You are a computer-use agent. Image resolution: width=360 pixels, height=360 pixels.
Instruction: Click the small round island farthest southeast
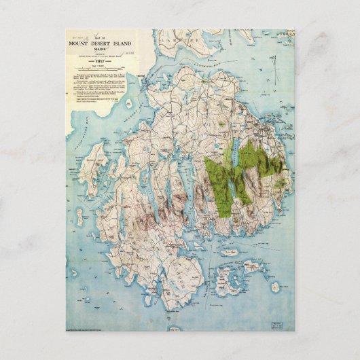(274, 287)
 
